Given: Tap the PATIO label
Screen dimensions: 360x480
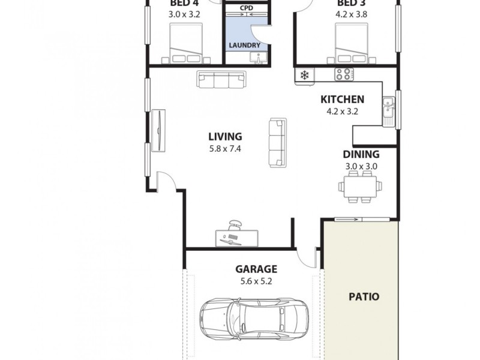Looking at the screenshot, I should (364, 296).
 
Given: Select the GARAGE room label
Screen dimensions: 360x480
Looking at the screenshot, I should (256, 269).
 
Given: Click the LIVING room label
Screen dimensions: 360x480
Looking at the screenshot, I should (225, 137).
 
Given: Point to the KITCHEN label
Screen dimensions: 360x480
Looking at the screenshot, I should (342, 100).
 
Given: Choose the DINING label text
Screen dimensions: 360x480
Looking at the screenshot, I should (360, 154).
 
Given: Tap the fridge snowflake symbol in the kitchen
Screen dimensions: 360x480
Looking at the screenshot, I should (304, 75).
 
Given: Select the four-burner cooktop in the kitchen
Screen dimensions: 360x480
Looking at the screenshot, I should (344, 74).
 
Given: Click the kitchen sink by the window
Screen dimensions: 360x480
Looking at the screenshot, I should (388, 109).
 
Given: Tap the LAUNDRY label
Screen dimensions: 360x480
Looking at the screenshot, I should (244, 46).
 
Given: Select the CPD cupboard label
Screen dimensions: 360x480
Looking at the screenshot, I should (246, 8).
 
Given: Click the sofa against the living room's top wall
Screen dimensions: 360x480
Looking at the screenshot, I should (221, 79).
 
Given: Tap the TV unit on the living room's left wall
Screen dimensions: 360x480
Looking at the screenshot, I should (158, 130).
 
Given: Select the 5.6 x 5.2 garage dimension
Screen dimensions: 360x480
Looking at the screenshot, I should (256, 281).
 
